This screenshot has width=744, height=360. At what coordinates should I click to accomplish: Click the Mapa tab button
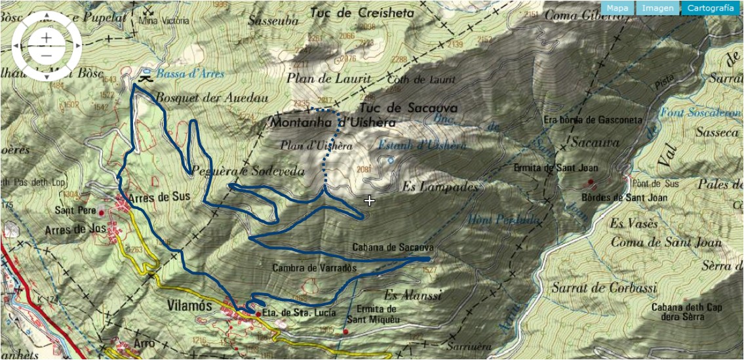pyautogui.click(x=617, y=9)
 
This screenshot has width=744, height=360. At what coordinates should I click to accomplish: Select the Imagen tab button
pyautogui.click(x=657, y=9)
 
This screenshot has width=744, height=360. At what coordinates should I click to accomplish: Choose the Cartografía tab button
pyautogui.click(x=711, y=9)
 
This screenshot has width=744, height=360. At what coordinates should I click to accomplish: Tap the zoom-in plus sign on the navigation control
pyautogui.click(x=46, y=38)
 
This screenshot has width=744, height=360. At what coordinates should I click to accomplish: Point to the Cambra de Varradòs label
pyautogui.click(x=314, y=268)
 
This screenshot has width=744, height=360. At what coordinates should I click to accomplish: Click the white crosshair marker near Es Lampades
pyautogui.click(x=370, y=201)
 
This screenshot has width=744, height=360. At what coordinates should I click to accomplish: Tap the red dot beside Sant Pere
pyautogui.click(x=102, y=212)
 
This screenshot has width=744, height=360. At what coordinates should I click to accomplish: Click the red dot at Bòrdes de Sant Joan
pyautogui.click(x=591, y=182)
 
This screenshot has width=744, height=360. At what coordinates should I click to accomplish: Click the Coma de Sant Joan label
pyautogui.click(x=666, y=243)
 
